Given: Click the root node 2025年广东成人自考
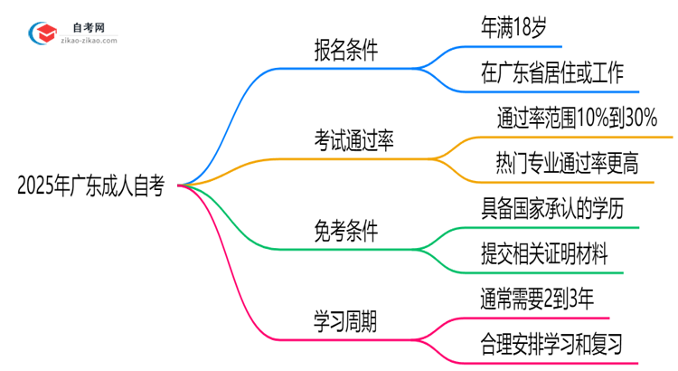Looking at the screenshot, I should (x=90, y=186).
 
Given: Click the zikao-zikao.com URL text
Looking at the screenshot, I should (x=87, y=40).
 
